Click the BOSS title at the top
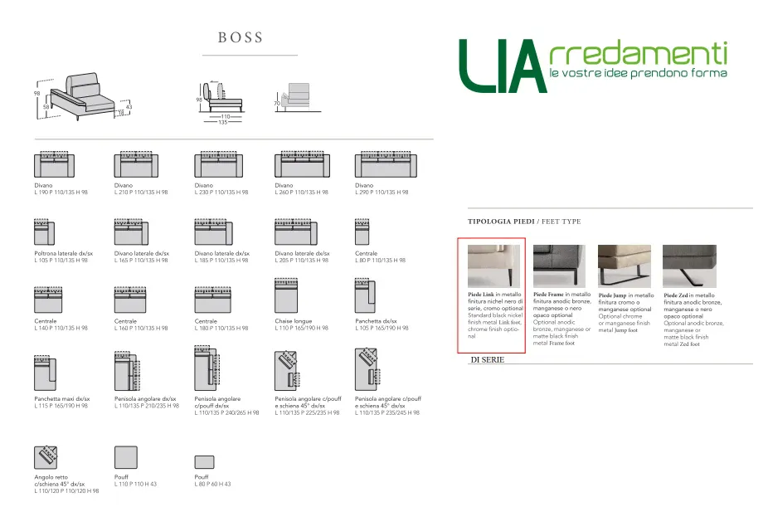click(x=241, y=37)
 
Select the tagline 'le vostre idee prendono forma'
click(x=638, y=74)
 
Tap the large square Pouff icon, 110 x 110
click(x=126, y=458)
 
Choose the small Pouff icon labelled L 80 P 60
click(x=204, y=462)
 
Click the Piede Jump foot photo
click(x=625, y=266)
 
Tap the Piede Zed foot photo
click(x=689, y=266)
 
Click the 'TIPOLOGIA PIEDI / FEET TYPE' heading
click(x=524, y=222)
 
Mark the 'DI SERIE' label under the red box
click(x=487, y=360)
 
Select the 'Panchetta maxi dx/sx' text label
click(x=61, y=399)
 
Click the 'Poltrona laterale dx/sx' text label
click(x=61, y=254)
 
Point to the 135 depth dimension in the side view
click(x=222, y=122)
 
